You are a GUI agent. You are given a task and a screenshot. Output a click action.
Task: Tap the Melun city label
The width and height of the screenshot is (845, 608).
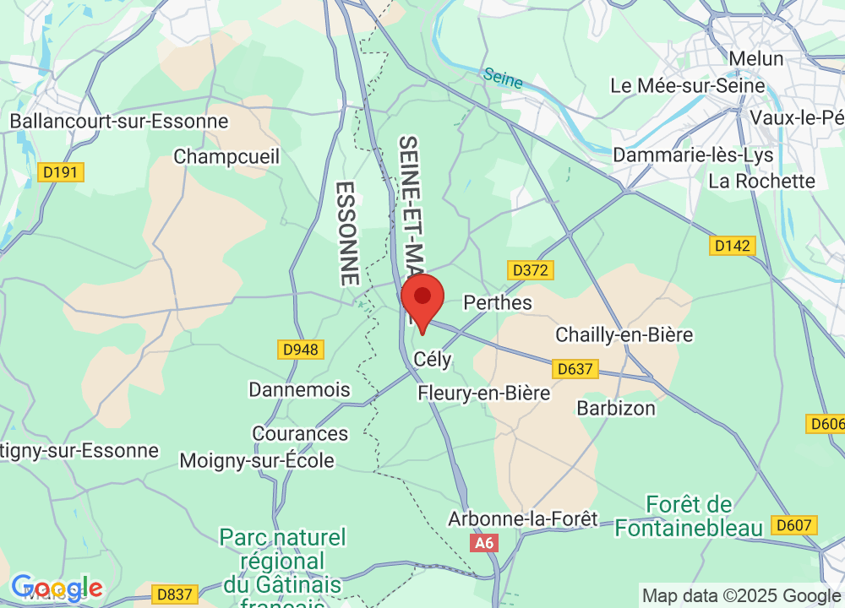point(755,59)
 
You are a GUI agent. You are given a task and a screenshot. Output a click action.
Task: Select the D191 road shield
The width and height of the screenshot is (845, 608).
point(61,172)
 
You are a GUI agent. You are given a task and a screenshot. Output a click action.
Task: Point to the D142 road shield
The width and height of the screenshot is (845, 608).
point(732,246)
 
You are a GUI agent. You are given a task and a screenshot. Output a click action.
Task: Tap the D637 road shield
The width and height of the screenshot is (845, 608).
point(575,369)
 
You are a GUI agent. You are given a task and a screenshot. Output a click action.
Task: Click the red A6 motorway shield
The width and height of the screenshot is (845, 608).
point(484,543)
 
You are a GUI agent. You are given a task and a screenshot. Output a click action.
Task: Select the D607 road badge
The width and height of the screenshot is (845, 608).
point(795,525)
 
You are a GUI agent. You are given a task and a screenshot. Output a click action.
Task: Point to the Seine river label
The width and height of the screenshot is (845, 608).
point(503,79)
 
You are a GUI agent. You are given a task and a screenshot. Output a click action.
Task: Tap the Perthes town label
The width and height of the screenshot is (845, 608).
point(499,302)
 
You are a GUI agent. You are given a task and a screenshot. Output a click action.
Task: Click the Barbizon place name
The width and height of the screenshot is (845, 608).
point(615,408)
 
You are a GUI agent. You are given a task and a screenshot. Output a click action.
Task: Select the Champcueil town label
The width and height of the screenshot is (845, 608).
point(226,156)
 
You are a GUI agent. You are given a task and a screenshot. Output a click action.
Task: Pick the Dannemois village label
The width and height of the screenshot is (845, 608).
point(299,389)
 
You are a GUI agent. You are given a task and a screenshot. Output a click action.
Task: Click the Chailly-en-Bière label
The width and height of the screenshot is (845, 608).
point(624,334)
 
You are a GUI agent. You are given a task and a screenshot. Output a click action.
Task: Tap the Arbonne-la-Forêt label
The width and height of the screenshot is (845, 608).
point(523,518)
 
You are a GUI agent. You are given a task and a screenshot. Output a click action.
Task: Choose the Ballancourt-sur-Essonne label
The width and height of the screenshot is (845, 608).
point(119,121)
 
